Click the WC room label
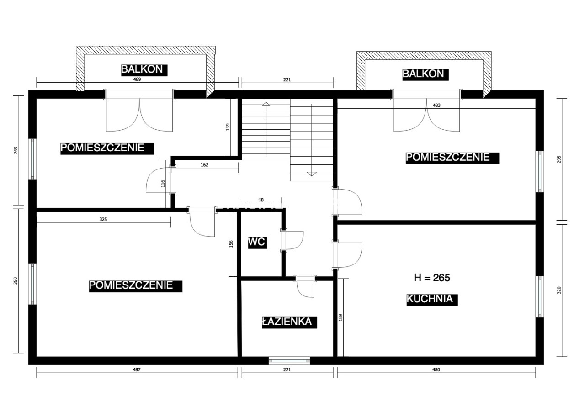257,243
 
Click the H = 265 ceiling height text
432,278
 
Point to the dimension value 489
137,79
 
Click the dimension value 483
436,105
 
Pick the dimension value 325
103,219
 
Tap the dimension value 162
204,165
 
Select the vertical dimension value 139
228,127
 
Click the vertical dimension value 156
231,244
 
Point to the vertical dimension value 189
340,317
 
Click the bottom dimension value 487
137,369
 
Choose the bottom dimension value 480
436,369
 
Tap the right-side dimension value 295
559,159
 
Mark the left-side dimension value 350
16,281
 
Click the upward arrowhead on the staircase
266,104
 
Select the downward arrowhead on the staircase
311,174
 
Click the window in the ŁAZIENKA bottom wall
289,361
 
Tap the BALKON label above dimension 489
144,70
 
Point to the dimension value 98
261,200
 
